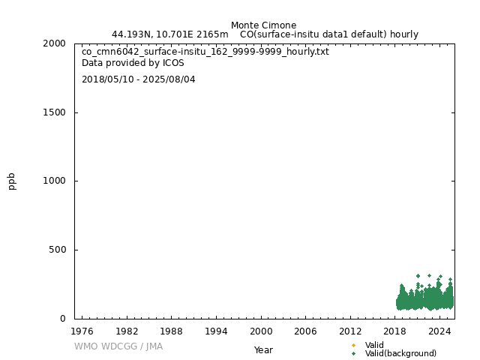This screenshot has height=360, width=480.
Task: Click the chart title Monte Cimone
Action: coord(263,25)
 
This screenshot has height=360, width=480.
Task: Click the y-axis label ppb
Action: coord(12,181)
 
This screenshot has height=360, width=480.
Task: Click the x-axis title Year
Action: coord(263,350)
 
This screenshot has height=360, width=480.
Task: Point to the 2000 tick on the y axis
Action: coord(54,43)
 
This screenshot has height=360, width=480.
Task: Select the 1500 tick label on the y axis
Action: coord(54,112)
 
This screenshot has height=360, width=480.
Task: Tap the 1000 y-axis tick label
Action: coord(54,181)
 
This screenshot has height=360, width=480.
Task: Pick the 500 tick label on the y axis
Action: coord(57,250)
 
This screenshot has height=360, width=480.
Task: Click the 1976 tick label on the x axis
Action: coord(82,331)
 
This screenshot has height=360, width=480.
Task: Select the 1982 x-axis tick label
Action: coord(127,331)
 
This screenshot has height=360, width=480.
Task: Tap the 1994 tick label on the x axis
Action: coord(216,331)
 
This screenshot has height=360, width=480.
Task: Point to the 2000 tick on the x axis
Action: coord(261,331)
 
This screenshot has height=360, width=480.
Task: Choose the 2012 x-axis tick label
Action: coord(350,331)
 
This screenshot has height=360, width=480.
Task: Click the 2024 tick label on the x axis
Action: coord(440,331)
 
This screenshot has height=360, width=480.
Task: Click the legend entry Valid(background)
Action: coord(400,354)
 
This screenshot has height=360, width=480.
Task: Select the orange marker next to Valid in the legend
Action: coord(353,345)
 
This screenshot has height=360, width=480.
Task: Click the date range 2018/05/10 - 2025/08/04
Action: coord(139,79)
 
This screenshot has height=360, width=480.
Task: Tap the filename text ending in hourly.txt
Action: coord(205,52)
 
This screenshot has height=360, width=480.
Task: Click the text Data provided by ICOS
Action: coord(133,63)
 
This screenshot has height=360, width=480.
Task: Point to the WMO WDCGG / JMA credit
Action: coord(118,346)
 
